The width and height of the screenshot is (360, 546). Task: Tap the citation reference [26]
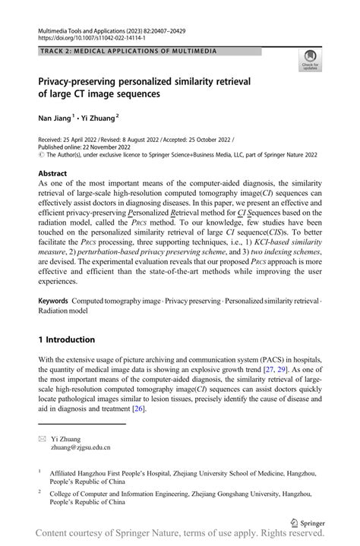139,408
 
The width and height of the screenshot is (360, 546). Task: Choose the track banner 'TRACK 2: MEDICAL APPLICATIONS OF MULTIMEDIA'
126,51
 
